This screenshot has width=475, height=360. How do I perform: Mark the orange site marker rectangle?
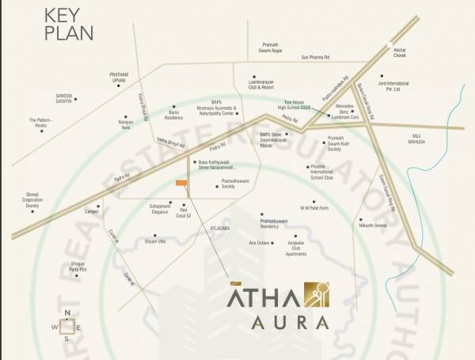point(182,184)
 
